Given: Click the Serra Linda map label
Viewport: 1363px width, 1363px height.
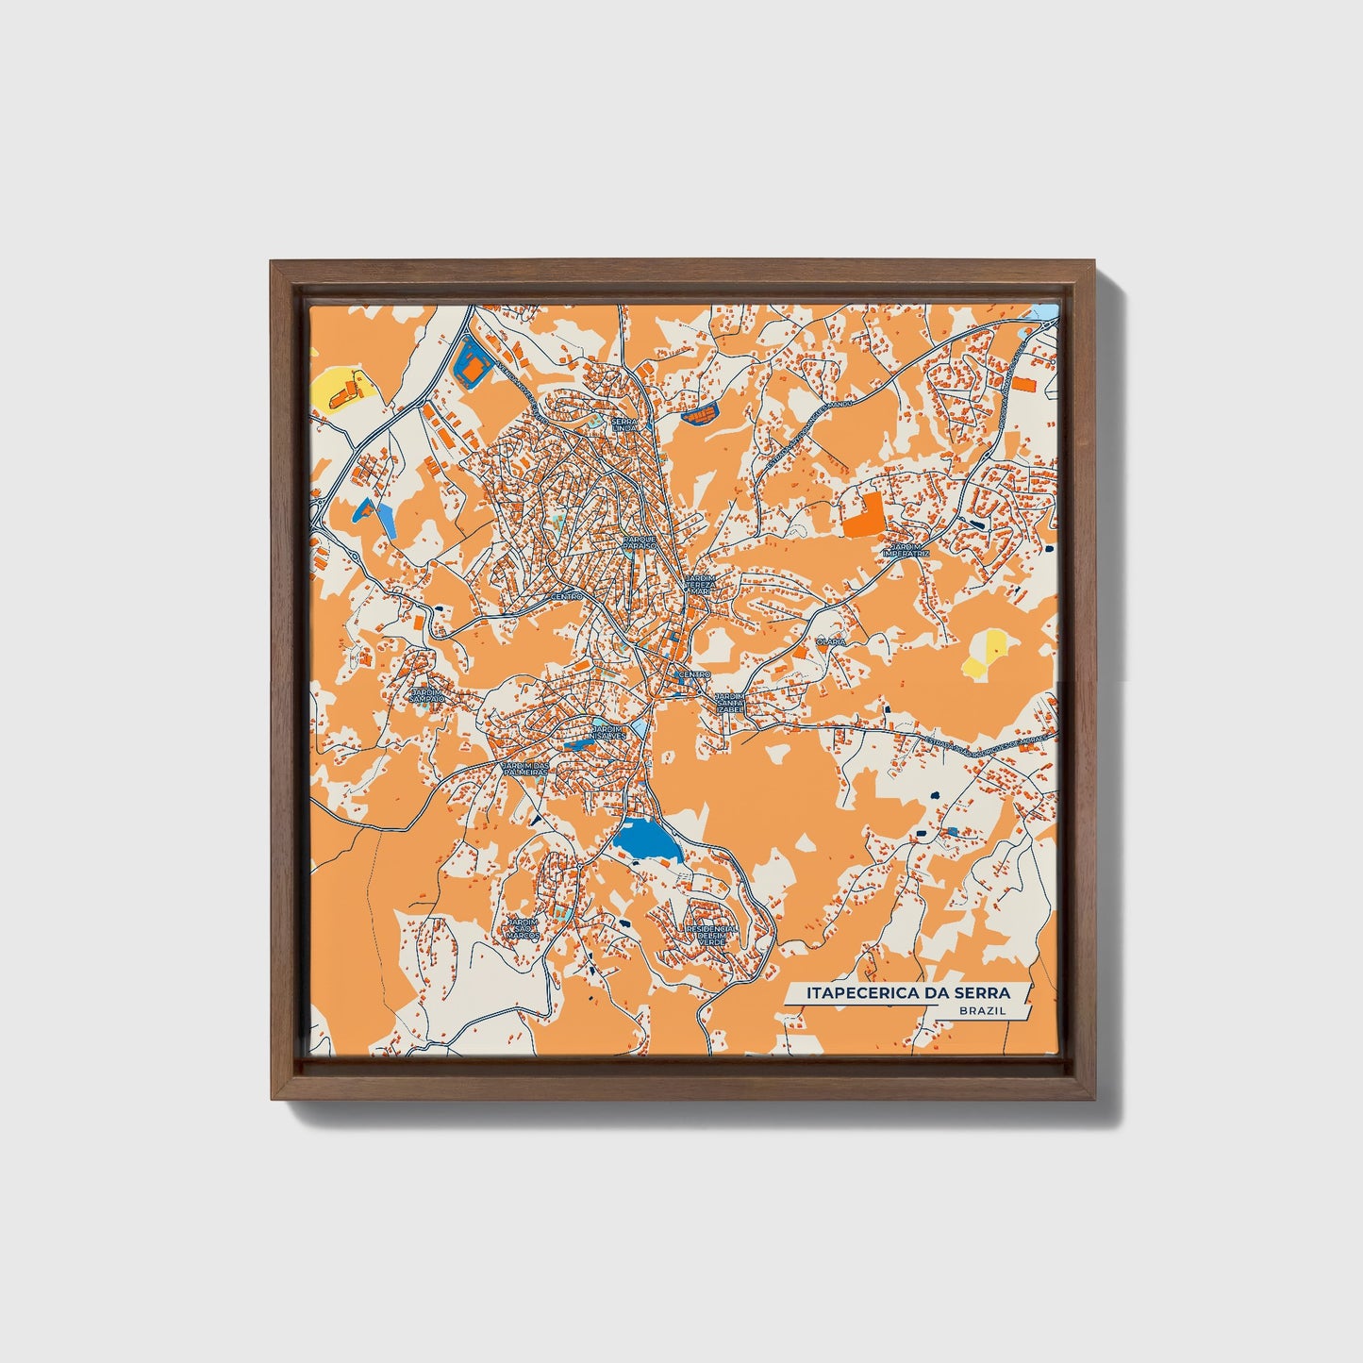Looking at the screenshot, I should tap(625, 424).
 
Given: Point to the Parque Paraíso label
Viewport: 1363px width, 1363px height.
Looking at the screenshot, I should tap(639, 542).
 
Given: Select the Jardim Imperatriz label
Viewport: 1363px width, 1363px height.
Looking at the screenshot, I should tap(906, 550).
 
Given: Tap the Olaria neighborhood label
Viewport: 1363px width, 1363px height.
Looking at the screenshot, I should tap(831, 641).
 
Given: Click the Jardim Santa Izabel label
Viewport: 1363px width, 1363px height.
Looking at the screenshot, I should tap(731, 702).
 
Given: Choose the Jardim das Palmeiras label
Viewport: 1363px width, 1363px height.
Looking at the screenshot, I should tap(524, 769).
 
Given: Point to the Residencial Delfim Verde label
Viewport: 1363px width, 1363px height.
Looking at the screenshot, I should tap(712, 935).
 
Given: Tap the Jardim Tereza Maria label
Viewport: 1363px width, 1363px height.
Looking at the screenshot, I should tap(700, 585).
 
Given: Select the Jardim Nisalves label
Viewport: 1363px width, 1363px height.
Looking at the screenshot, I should tap(607, 733).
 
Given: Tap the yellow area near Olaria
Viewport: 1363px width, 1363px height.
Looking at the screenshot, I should tap(987, 654).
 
